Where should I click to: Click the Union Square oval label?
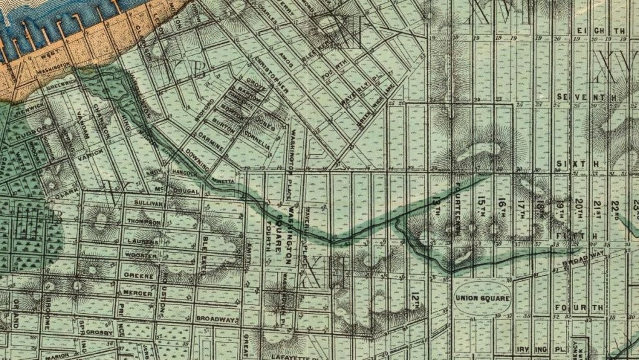tap(482, 298)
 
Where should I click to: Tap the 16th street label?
tap(502, 206)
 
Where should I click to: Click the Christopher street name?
tap(270, 75)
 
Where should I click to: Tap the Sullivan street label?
tap(147, 203)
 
